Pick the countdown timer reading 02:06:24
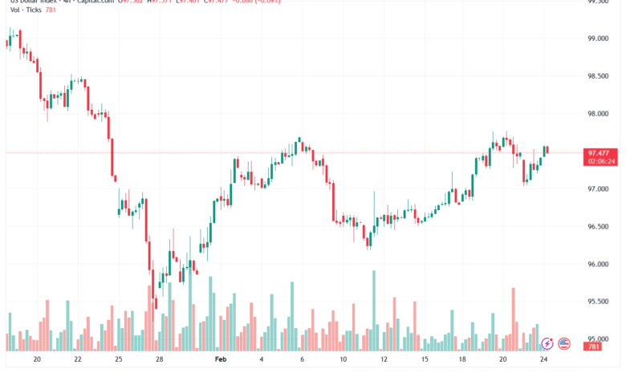point(602,161)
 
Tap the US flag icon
point(564,343)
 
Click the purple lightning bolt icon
point(547,343)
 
